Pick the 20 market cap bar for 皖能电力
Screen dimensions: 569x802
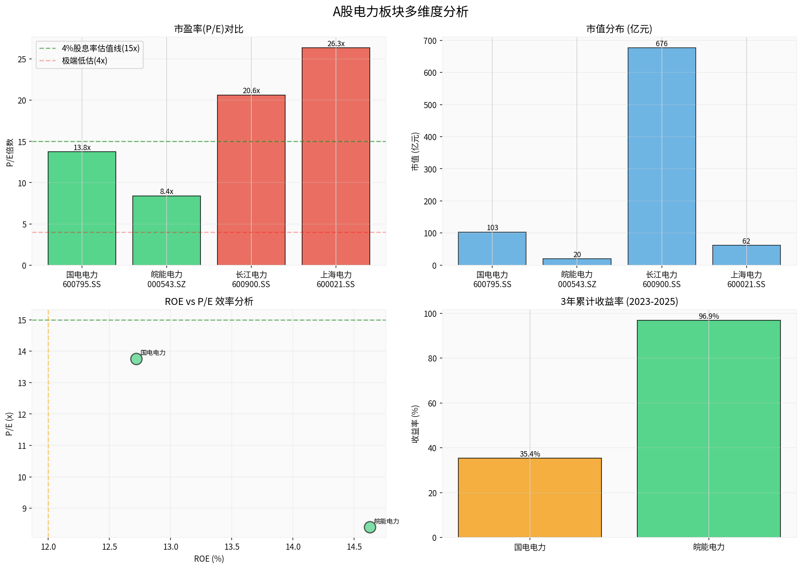(x=577, y=262)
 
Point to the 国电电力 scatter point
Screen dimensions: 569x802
(x=136, y=359)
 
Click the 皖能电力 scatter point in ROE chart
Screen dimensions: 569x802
(x=370, y=527)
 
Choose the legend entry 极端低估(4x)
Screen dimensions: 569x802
(x=85, y=61)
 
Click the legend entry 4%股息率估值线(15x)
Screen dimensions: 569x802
(x=100, y=49)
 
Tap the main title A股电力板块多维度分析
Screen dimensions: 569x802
(x=400, y=12)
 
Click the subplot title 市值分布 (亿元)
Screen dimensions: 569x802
(x=619, y=29)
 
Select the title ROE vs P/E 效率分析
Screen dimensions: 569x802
(x=209, y=301)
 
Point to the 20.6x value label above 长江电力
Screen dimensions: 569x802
(x=251, y=91)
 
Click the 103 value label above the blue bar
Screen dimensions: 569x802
(x=492, y=228)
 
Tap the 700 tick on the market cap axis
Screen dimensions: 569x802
(x=430, y=41)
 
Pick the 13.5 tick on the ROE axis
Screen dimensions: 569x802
(x=232, y=547)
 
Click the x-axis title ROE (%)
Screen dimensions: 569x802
(x=209, y=559)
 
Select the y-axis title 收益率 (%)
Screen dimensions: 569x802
(x=415, y=424)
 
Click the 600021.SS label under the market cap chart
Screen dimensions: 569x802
(x=746, y=284)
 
